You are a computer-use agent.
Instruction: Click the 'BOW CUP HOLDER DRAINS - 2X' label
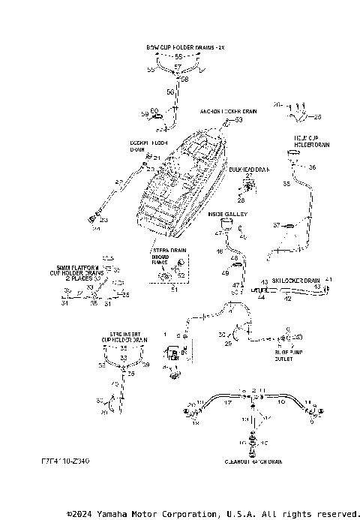pyautogui.click(x=179, y=47)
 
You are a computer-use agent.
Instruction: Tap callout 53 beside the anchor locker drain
pyautogui.click(x=240, y=119)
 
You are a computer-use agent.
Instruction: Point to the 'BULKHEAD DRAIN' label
pyautogui.click(x=249, y=170)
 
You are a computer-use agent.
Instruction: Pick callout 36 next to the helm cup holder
pyautogui.click(x=313, y=167)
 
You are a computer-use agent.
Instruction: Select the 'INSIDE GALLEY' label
pyautogui.click(x=227, y=214)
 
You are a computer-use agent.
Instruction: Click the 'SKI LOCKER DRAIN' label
pyautogui.click(x=295, y=280)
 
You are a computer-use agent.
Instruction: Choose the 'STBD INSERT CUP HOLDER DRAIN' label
pyautogui.click(x=124, y=337)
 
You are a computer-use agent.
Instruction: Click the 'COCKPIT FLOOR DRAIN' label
pyautogui.click(x=148, y=146)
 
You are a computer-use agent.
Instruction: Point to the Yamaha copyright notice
pyautogui.click(x=213, y=514)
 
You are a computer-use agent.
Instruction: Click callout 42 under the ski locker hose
pyautogui.click(x=287, y=299)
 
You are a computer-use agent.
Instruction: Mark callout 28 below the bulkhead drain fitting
pyautogui.click(x=241, y=201)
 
